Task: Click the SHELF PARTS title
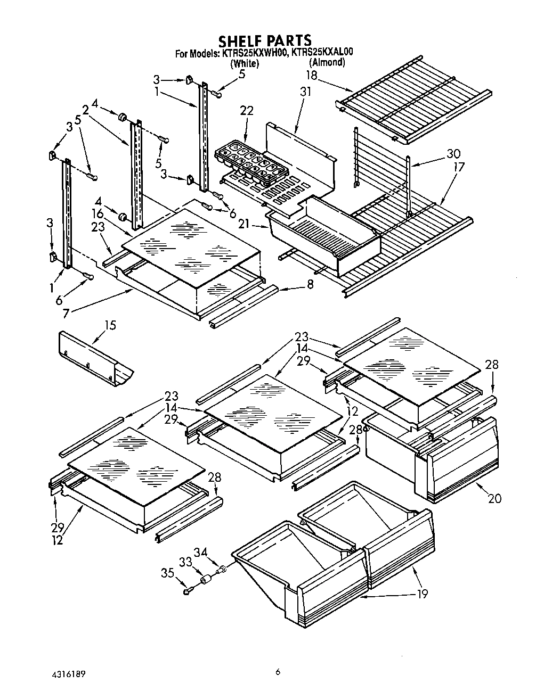tap(265, 40)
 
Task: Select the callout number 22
tap(247, 111)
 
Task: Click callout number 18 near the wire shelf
tap(311, 75)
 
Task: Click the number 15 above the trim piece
tap(110, 325)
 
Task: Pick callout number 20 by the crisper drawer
tap(494, 498)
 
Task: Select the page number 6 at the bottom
tap(278, 672)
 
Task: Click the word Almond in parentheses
tap(327, 62)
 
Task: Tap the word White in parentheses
tap(245, 64)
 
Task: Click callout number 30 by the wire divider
tap(453, 154)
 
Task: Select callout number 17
tap(458, 167)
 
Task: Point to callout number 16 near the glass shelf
tap(97, 213)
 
